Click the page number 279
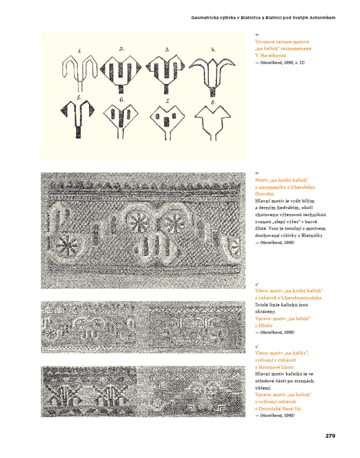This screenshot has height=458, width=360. click(330, 436)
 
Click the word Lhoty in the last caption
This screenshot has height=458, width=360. click(288, 367)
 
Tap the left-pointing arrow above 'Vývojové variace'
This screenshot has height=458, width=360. click(257, 35)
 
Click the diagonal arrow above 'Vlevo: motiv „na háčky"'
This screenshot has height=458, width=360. click(257, 346)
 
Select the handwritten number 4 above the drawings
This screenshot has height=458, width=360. click(213, 50)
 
